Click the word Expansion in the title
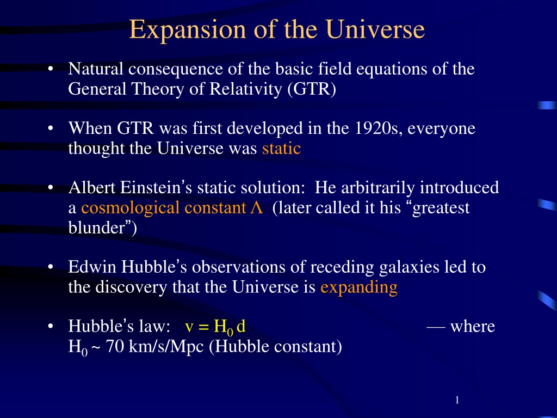click(x=187, y=30)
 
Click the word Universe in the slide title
click(x=375, y=29)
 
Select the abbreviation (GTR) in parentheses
click(x=312, y=89)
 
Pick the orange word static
click(x=281, y=148)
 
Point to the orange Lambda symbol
click(x=256, y=207)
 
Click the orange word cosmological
click(x=130, y=208)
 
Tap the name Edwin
click(x=92, y=267)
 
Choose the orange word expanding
click(x=359, y=287)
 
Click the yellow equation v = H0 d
click(x=215, y=327)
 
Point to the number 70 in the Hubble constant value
click(x=115, y=346)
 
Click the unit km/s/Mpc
click(x=166, y=347)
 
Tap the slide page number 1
click(x=457, y=400)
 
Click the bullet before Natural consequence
click(x=51, y=69)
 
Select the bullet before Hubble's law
click(x=51, y=326)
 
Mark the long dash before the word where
click(x=436, y=327)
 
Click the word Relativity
click(x=245, y=89)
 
